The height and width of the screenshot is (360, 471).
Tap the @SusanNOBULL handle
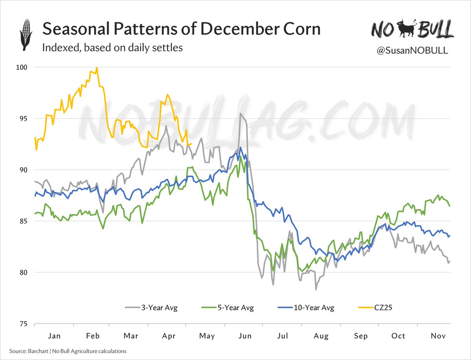(x=412, y=51)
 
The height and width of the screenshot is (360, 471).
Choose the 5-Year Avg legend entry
(x=227, y=307)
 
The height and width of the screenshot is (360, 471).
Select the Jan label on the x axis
(x=54, y=336)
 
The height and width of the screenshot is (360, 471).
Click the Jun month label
(x=245, y=336)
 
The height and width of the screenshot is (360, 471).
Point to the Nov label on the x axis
(x=437, y=336)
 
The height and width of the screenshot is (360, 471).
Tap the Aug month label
(x=321, y=336)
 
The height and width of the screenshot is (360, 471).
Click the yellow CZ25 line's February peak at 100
(x=97, y=68)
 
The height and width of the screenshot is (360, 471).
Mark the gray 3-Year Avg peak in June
(x=240, y=113)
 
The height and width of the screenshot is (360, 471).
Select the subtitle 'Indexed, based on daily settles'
(x=112, y=48)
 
